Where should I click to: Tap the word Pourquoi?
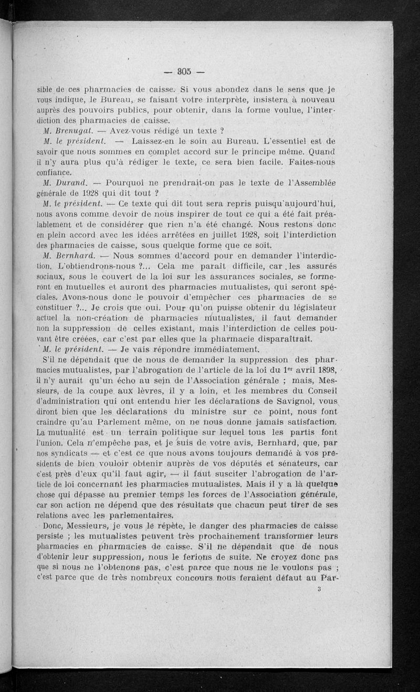(x=126, y=183)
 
